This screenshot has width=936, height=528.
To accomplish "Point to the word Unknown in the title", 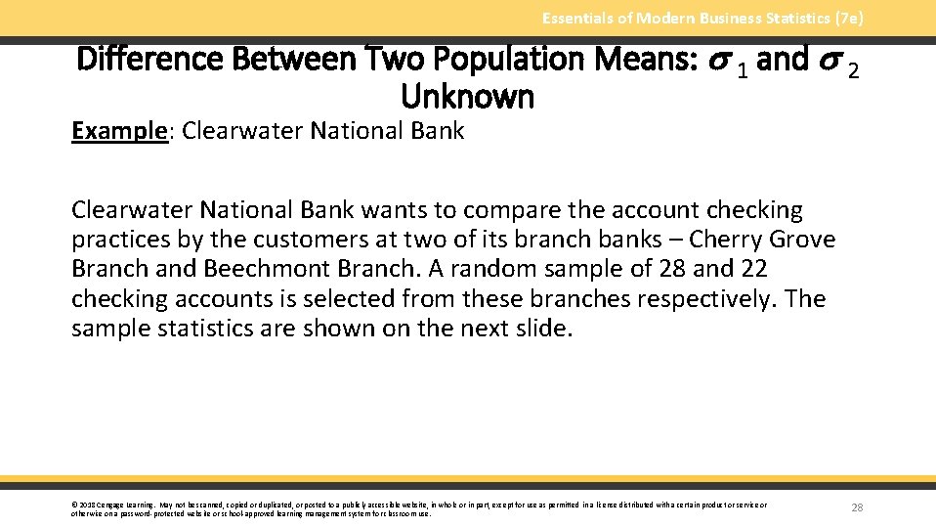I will (468, 96).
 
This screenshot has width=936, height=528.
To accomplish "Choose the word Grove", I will (802, 240).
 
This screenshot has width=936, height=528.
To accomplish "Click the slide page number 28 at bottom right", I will (857, 507).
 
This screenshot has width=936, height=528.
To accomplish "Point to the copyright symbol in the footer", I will (74, 506).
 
